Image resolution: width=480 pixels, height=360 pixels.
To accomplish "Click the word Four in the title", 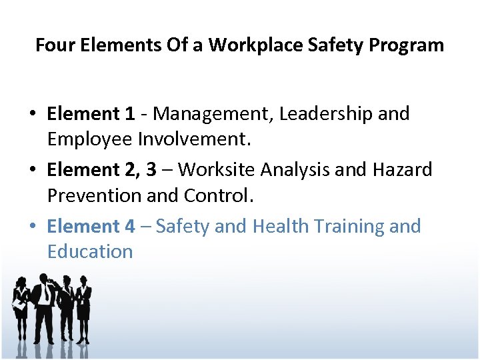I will click(53, 45).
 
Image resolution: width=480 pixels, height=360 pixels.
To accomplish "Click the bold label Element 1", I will click(91, 114).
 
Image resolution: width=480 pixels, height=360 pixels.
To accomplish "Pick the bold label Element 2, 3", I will click(102, 170).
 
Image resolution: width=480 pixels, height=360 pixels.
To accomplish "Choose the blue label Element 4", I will click(91, 227).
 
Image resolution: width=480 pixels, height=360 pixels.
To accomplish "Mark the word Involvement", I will click(195, 139).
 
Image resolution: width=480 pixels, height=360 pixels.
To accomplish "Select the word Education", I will click(90, 252).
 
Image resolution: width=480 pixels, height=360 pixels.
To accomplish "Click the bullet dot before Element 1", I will click(32, 115).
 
